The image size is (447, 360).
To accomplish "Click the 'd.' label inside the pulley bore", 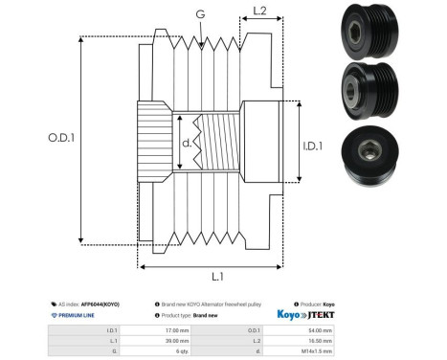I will [x=187, y=145].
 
